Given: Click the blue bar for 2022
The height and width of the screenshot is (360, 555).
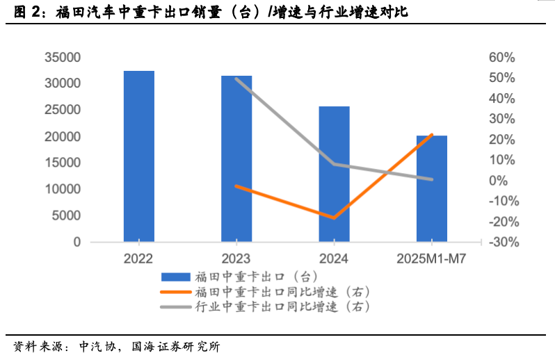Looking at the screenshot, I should point(139,156).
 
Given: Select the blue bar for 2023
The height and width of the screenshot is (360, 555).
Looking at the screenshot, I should point(236,159).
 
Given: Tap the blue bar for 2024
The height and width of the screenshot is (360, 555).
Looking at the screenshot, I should point(334,174).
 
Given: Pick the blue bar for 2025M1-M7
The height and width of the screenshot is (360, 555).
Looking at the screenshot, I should point(432,189).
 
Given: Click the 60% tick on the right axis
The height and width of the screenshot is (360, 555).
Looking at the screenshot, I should point(502,57).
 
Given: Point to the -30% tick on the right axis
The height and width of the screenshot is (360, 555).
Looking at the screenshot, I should point(499,243).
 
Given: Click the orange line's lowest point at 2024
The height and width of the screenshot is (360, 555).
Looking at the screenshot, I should point(334,218).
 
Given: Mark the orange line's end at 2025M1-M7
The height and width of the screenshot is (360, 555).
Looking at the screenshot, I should point(432,135).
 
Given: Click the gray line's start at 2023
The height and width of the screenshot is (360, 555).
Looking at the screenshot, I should point(236,79).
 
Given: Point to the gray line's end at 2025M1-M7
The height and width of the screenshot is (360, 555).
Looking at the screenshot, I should point(432,179).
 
